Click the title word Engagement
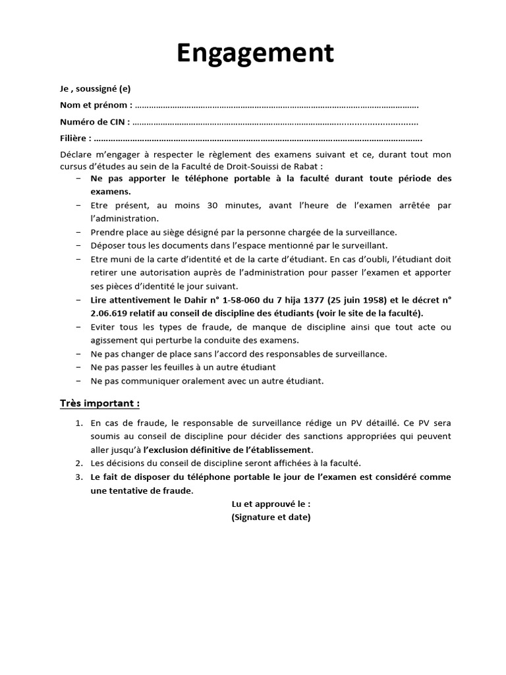click(x=255, y=53)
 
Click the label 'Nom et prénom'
click(x=95, y=105)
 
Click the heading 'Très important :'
click(x=99, y=403)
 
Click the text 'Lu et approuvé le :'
click(x=271, y=504)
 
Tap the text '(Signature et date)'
click(x=271, y=517)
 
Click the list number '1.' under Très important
click(x=78, y=423)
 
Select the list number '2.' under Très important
click(x=78, y=463)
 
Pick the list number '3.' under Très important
click(x=78, y=477)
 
